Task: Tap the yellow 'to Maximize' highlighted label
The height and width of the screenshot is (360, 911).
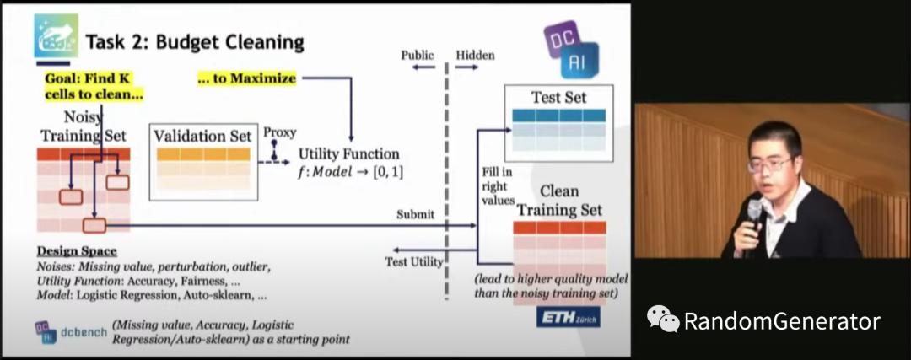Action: (246, 78)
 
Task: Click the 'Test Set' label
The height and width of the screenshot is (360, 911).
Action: (558, 97)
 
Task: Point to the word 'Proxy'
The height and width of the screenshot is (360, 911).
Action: (279, 132)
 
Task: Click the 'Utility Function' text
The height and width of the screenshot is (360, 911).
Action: (348, 154)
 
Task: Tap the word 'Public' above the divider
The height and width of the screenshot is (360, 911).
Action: (417, 56)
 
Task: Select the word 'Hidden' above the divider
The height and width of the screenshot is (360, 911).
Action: (476, 56)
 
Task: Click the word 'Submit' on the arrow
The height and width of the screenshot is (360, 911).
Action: (415, 214)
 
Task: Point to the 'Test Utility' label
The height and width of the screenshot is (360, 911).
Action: (414, 261)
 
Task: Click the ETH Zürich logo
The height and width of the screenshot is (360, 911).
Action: (569, 317)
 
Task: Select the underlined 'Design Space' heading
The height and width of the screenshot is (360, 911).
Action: (77, 251)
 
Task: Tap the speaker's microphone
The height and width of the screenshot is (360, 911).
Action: (753, 212)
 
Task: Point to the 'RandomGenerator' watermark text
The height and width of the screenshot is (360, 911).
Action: (781, 321)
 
